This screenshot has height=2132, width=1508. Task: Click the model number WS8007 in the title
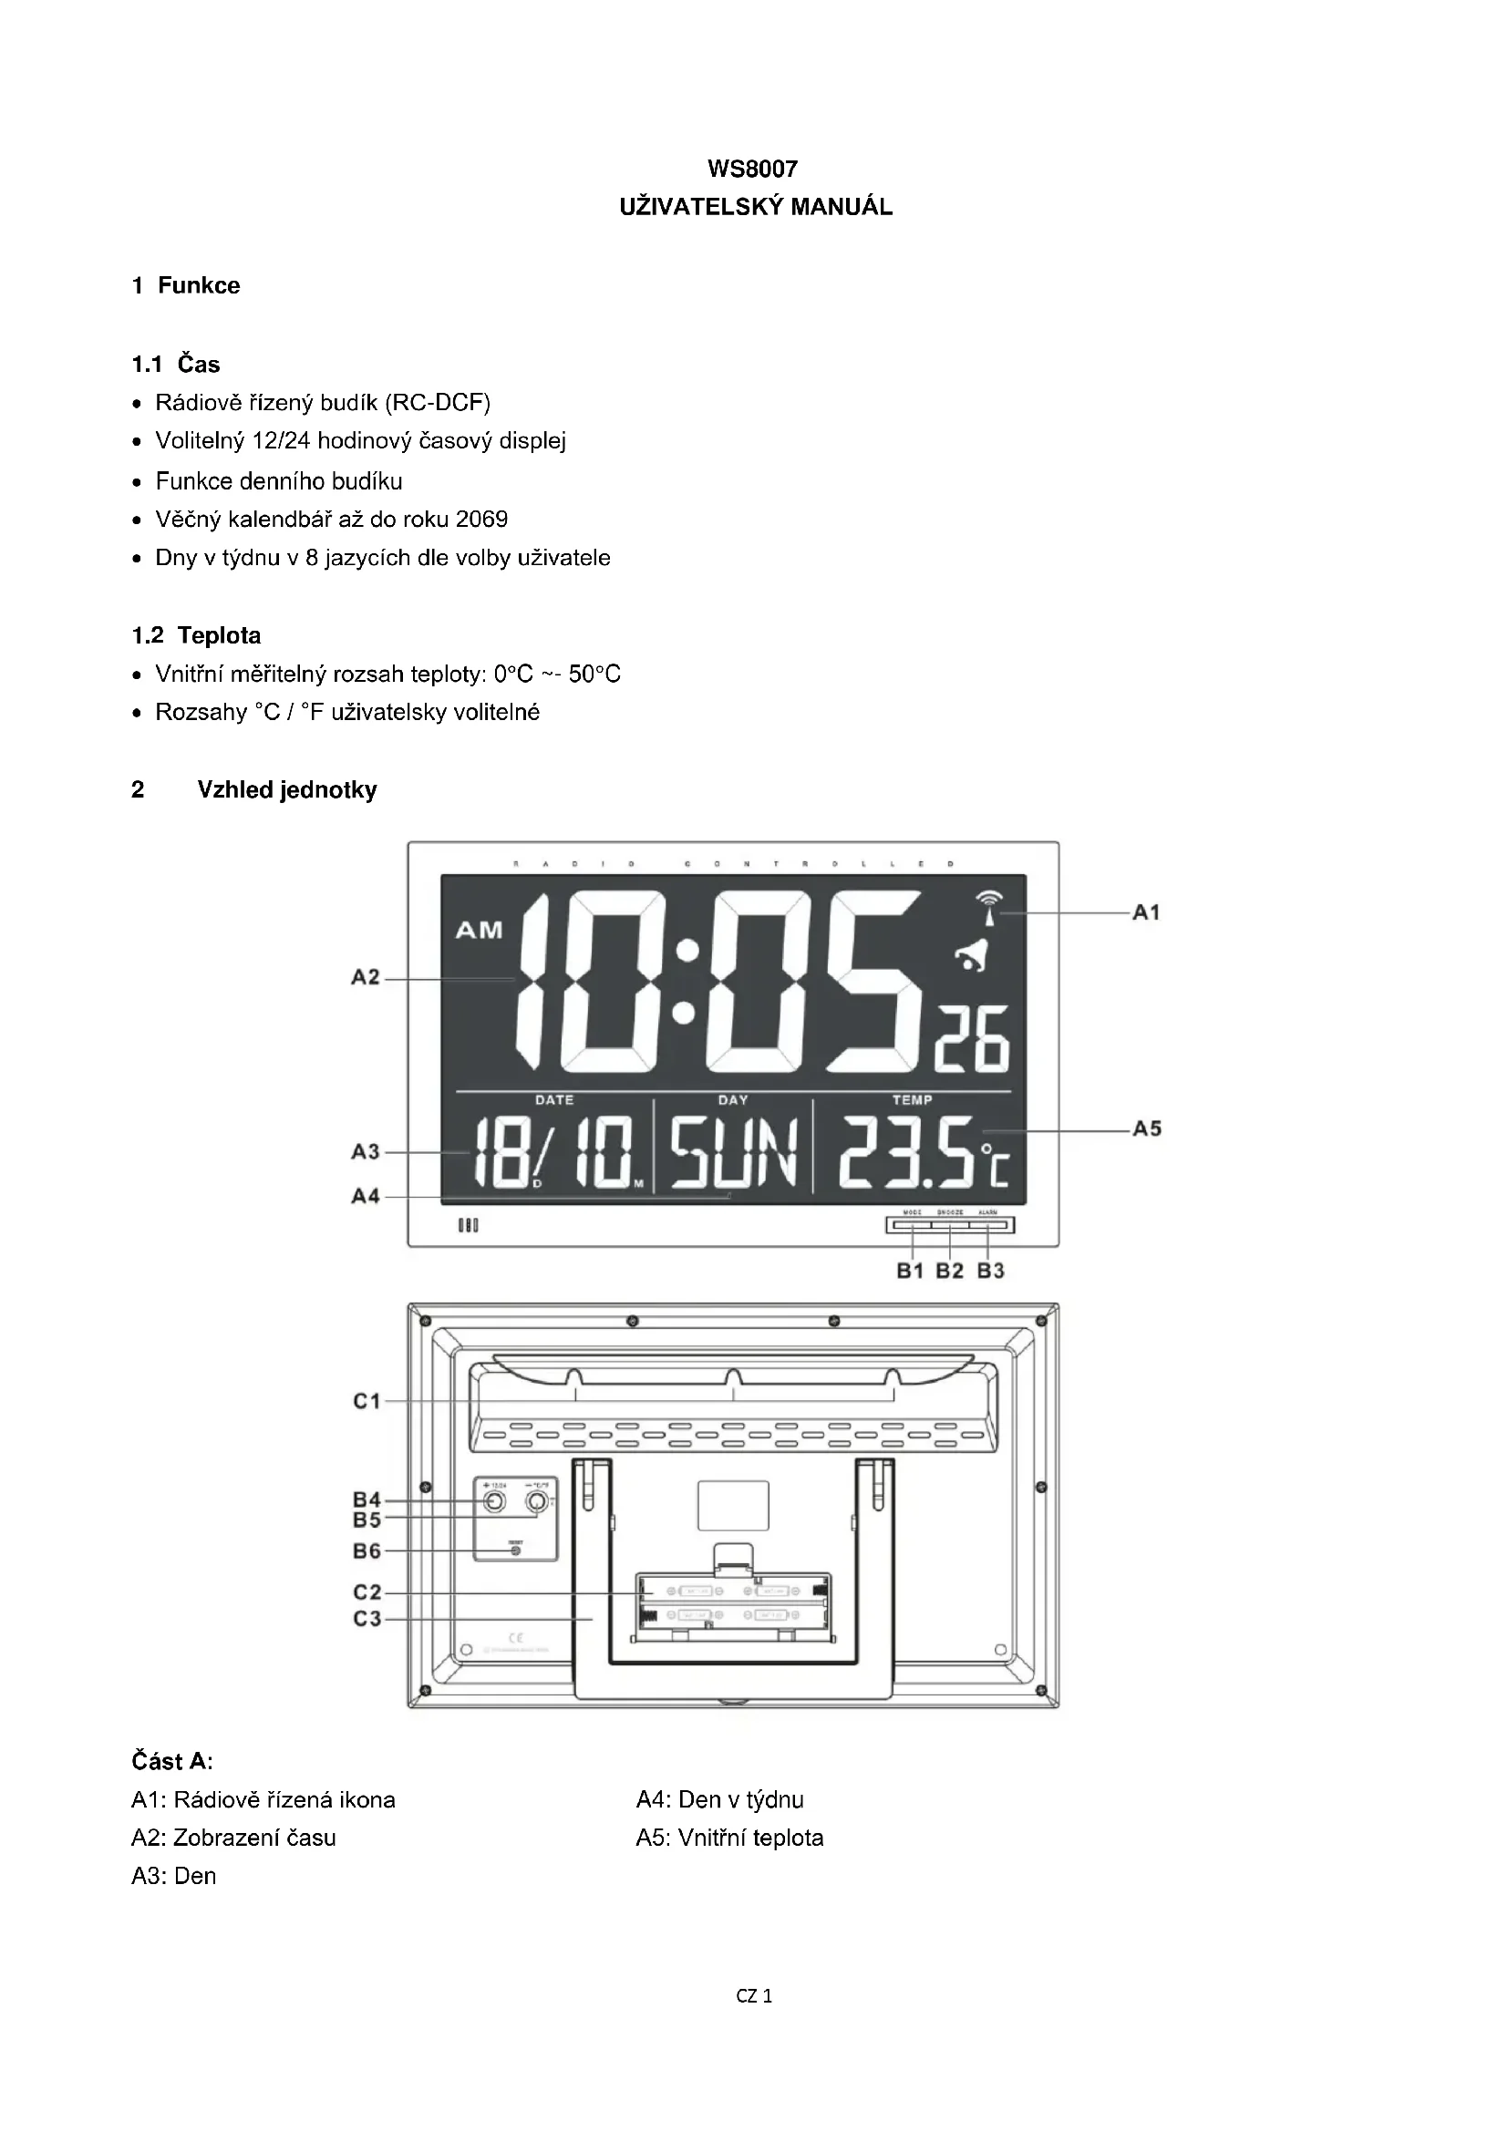tap(752, 168)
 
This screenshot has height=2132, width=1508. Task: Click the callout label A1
tap(1147, 912)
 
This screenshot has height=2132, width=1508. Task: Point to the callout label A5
tap(1147, 1129)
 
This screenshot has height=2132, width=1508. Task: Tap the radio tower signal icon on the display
tap(990, 908)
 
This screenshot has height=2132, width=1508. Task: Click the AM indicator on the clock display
tap(480, 930)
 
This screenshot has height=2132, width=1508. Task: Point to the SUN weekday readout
tap(734, 1153)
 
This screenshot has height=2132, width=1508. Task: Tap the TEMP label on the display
tap(912, 1099)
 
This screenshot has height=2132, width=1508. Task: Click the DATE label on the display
tap(554, 1099)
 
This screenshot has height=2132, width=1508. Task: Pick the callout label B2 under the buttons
tap(949, 1271)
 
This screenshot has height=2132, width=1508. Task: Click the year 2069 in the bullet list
tap(482, 519)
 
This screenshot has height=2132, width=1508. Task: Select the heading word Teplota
tap(219, 635)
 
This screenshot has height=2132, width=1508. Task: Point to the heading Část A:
tap(171, 1761)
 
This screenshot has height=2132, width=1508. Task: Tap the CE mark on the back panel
tap(516, 1637)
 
